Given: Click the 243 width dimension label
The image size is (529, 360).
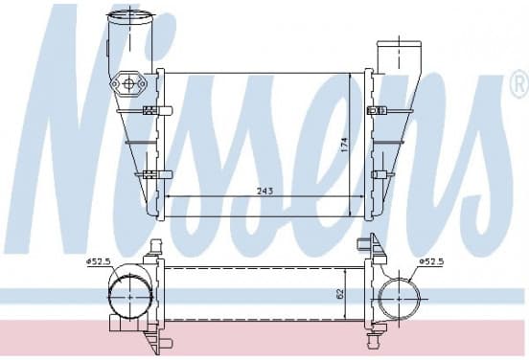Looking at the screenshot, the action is click(x=264, y=191).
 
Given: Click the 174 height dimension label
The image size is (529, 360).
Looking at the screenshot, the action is click(x=344, y=145).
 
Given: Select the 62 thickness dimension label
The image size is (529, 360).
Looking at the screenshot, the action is click(x=340, y=293).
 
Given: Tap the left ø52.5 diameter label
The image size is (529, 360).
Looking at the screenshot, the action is click(x=99, y=261).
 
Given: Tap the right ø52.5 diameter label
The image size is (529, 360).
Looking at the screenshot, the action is click(x=431, y=261).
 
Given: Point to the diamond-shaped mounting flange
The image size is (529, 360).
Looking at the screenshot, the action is click(x=128, y=83).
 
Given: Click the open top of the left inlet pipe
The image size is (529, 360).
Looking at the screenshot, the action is click(x=128, y=15).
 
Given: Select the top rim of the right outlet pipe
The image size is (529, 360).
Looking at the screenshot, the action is click(x=399, y=44).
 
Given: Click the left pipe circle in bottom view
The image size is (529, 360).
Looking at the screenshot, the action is click(x=130, y=298).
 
